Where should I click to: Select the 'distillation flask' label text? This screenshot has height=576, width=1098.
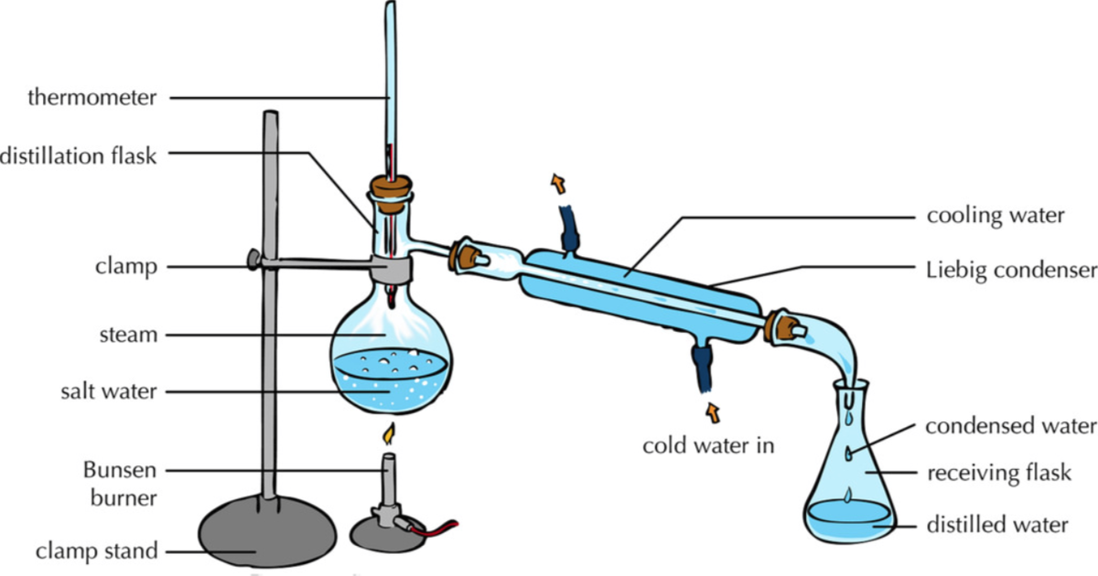click(80, 155)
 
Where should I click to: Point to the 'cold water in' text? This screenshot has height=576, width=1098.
click(708, 446)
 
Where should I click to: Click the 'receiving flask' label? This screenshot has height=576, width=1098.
click(998, 473)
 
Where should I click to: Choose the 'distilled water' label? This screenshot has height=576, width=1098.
click(998, 525)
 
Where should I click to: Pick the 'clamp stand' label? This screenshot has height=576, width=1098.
click(97, 551)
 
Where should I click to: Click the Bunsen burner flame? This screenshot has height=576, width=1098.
click(389, 432)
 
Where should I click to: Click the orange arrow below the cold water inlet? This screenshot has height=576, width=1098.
click(711, 412)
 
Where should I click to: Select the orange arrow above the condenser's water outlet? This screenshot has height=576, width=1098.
click(556, 183)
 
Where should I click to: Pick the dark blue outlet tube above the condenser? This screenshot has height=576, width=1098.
click(570, 226)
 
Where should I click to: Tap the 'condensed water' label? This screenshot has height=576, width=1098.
click(1010, 426)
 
